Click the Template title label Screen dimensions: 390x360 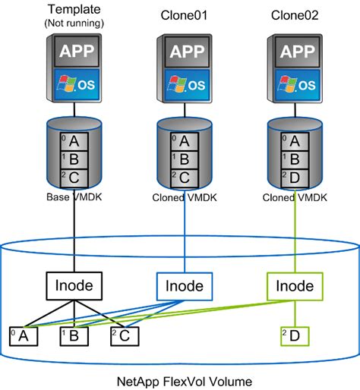(75, 9)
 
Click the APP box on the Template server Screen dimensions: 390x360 (74, 52)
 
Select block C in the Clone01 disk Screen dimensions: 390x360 (186, 178)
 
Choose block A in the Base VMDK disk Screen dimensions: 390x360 (74, 141)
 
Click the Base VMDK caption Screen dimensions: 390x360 (74, 198)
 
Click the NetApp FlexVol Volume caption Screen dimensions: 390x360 (180, 379)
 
